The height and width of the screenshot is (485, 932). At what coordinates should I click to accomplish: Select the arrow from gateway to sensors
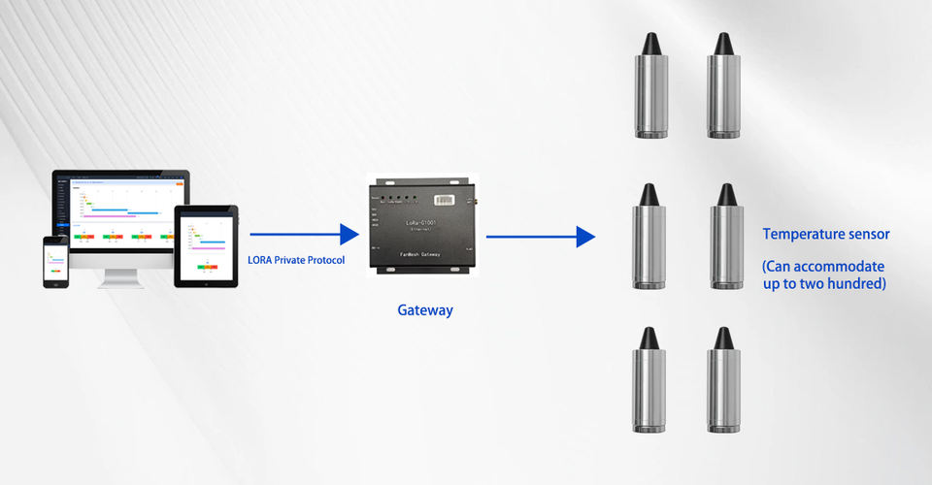coord(540,236)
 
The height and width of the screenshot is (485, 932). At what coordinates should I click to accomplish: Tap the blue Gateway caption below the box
coord(425,311)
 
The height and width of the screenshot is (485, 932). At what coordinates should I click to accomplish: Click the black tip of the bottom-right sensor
coord(722,338)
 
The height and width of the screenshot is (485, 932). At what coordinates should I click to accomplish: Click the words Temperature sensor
coord(825,234)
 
